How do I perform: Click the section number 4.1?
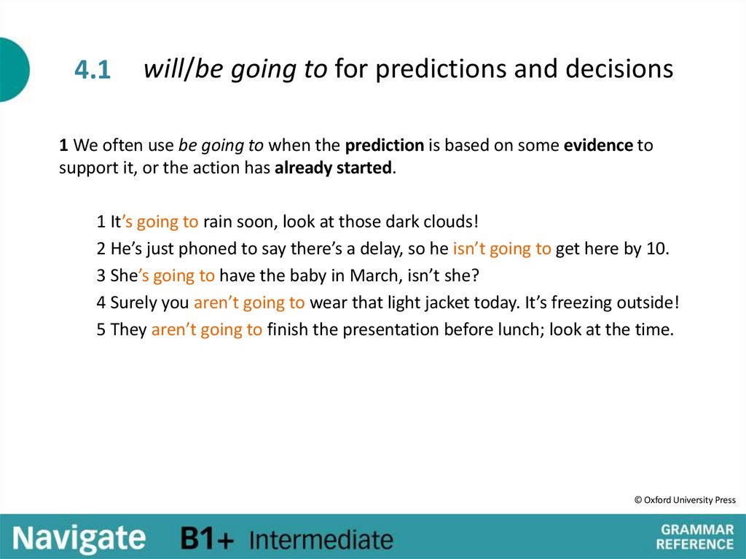click(92, 70)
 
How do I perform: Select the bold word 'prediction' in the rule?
click(385, 145)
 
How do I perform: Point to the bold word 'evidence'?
click(598, 145)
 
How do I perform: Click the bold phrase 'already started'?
click(334, 168)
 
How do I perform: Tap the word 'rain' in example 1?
click(216, 222)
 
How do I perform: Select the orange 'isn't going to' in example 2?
click(502, 249)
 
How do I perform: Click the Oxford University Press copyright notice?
click(685, 500)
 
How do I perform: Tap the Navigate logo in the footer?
click(79, 539)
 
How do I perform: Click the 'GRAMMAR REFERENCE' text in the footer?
click(696, 536)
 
